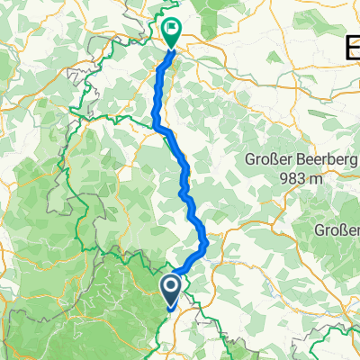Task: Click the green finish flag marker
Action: click(x=172, y=31)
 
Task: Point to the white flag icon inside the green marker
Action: click(x=172, y=28)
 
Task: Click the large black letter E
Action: click(x=353, y=47)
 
